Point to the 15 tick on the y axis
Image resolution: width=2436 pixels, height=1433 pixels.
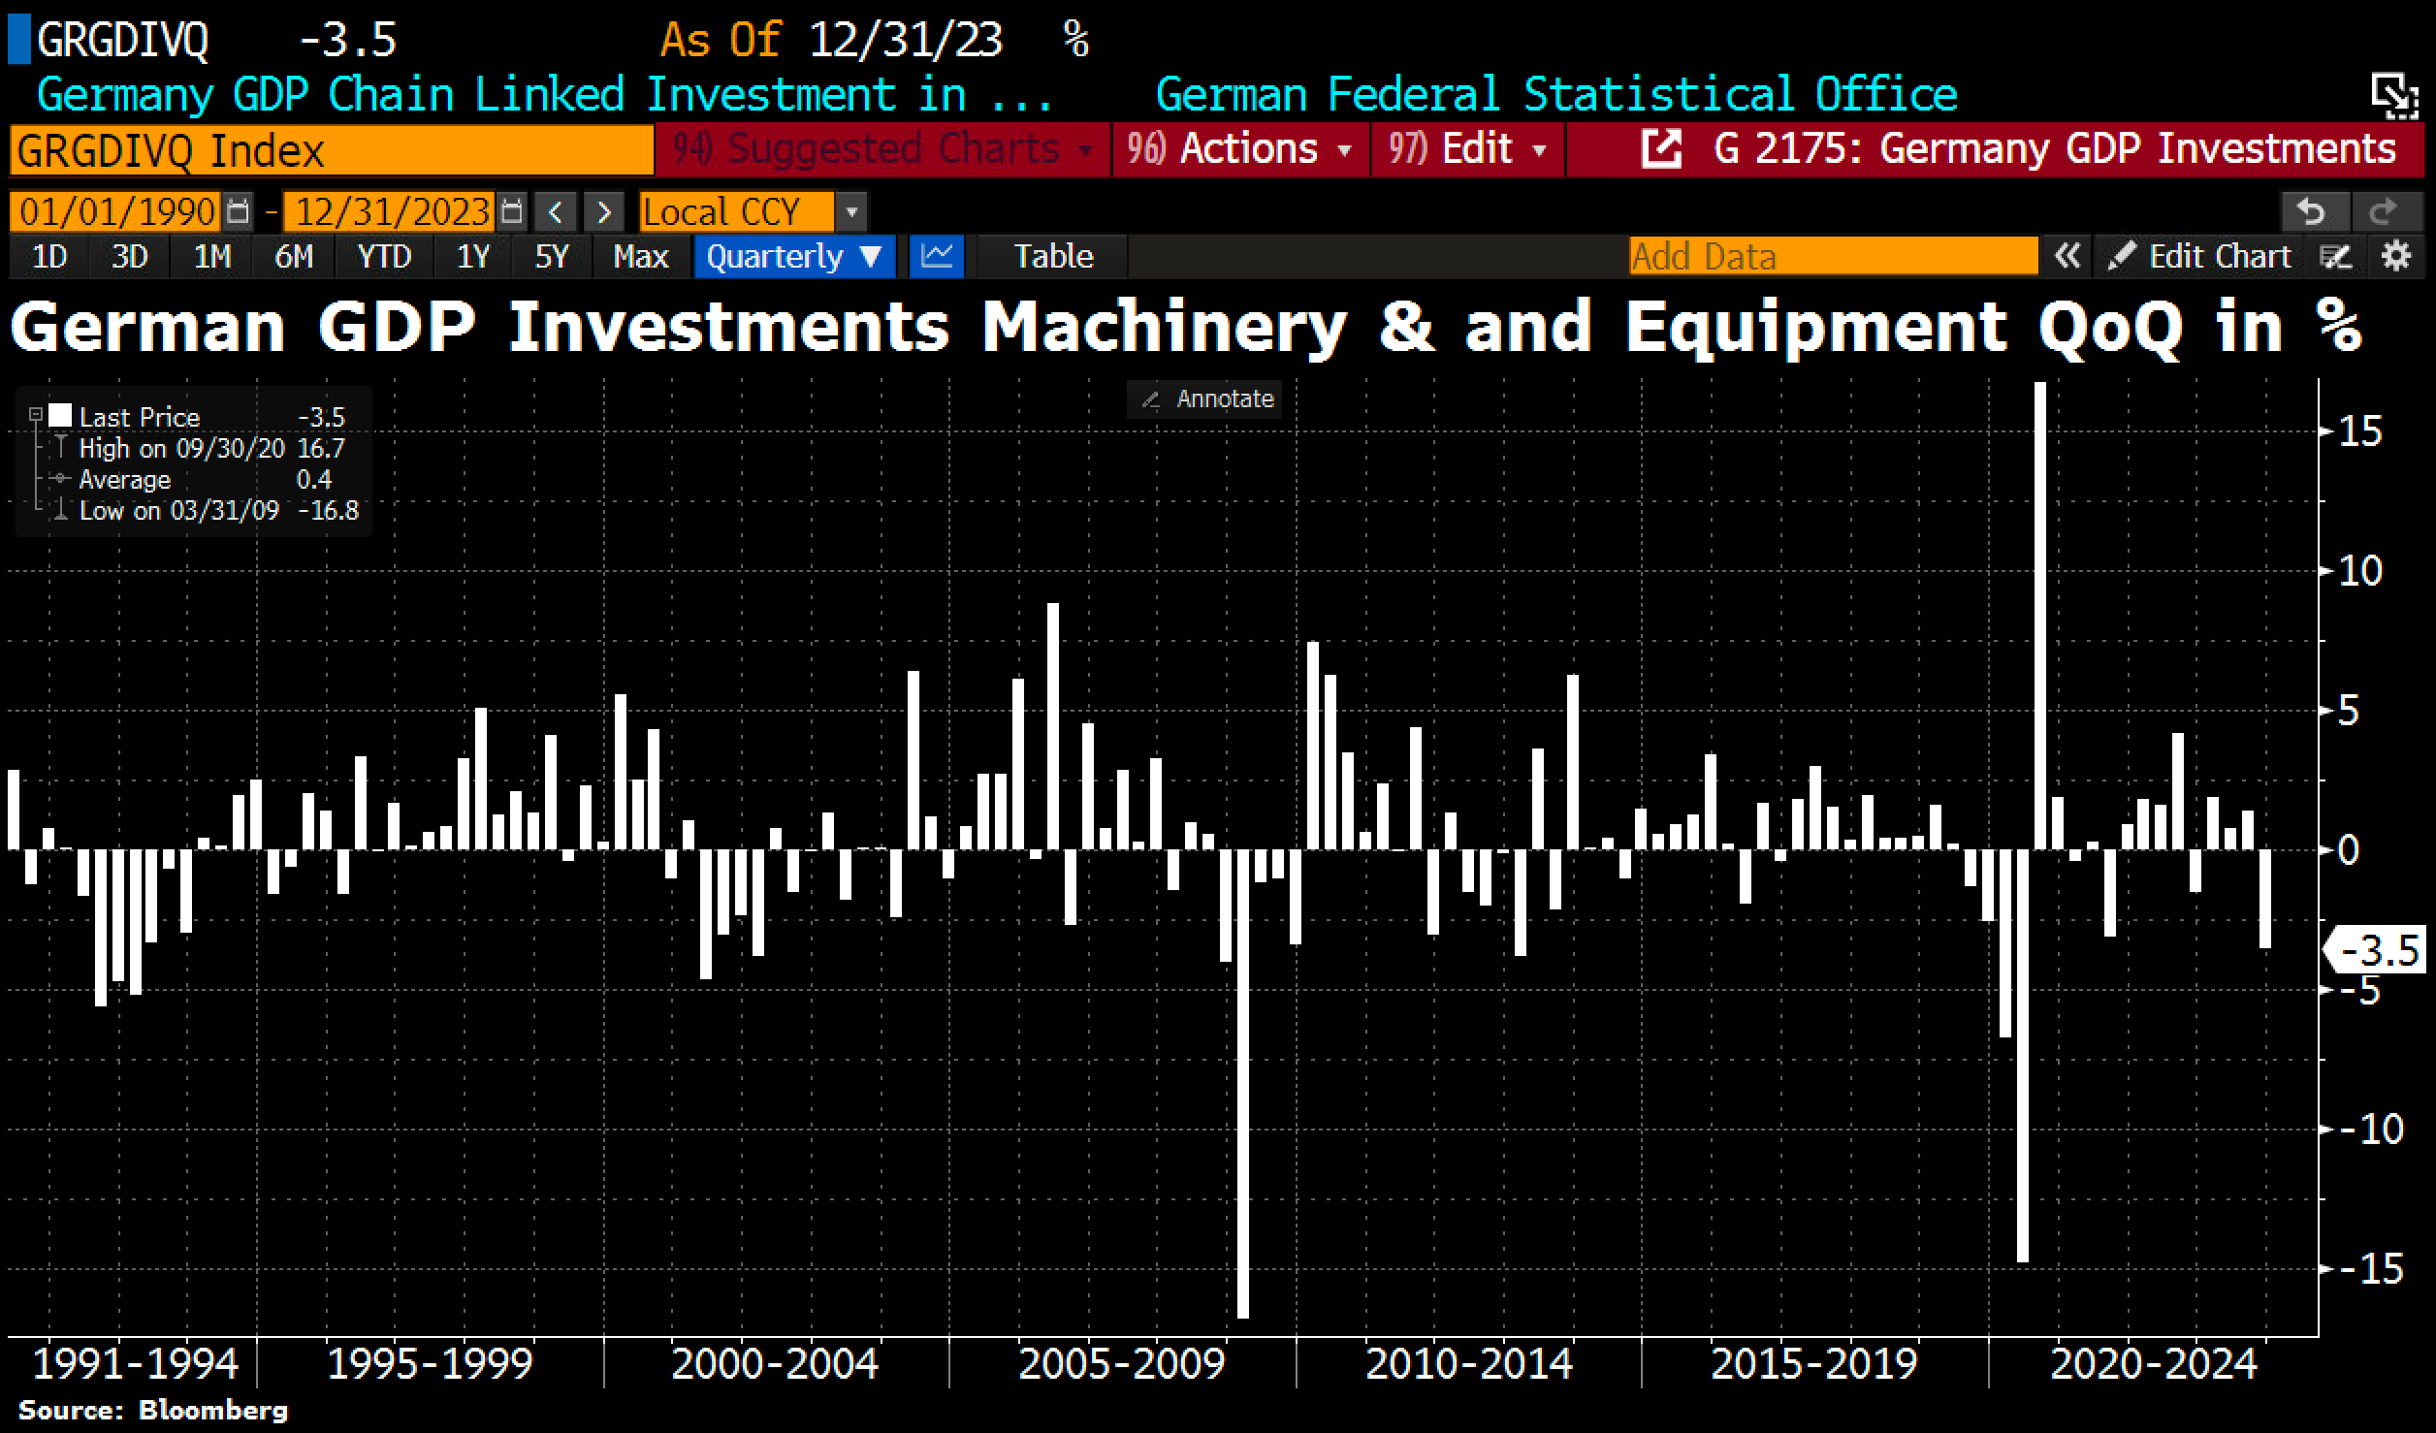[x=2359, y=431]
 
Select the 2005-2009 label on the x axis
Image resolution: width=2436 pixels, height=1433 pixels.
[x=1121, y=1364]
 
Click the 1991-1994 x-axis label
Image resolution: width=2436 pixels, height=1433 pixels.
[x=135, y=1364]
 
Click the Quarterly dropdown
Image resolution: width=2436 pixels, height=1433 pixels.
[x=793, y=256]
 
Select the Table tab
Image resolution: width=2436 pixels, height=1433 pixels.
[x=1053, y=256]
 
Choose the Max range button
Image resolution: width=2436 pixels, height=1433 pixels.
[x=640, y=256]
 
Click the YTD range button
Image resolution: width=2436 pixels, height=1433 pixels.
[x=384, y=256]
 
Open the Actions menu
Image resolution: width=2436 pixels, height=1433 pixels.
[x=1239, y=149]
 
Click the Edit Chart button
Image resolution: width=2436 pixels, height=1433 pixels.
[x=2201, y=256]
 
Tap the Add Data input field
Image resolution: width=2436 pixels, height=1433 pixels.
[x=1833, y=256]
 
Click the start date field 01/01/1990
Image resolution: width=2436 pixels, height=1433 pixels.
[x=116, y=211]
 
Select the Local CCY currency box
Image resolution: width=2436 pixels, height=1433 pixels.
[x=737, y=211]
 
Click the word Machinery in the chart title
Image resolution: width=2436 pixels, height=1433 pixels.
[x=1164, y=327]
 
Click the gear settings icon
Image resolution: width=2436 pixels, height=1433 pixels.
[x=2396, y=256]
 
